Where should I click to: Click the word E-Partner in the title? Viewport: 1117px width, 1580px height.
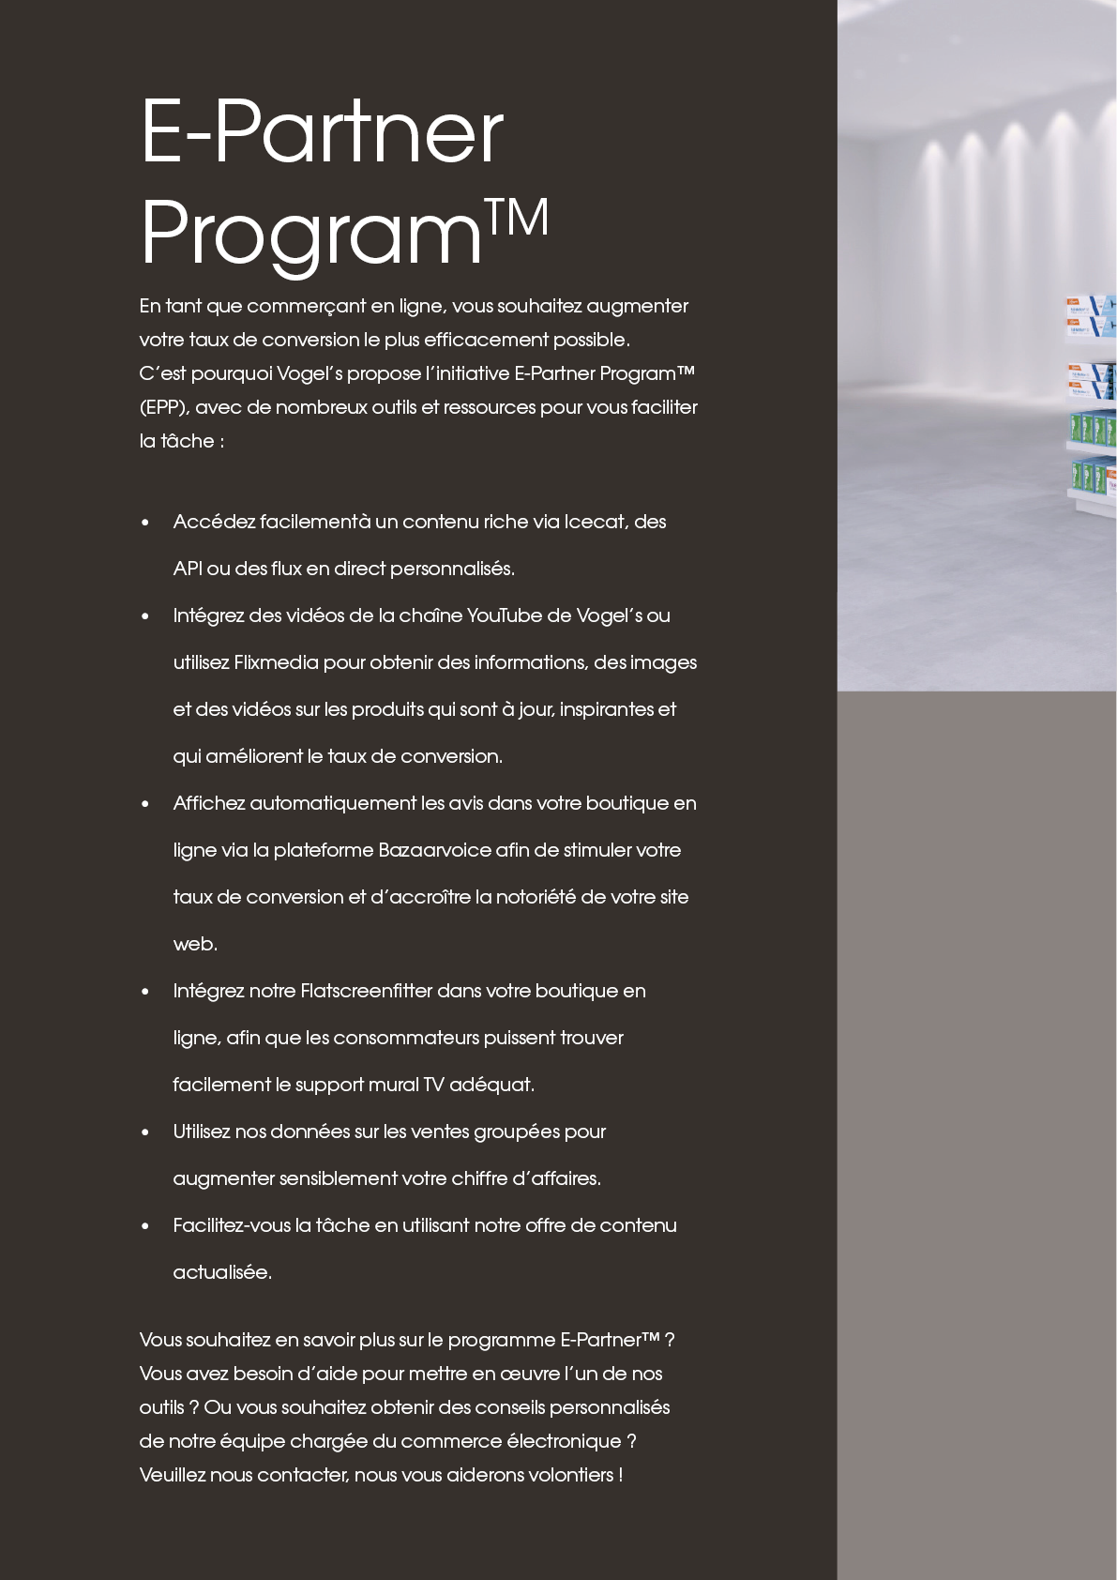[322, 132]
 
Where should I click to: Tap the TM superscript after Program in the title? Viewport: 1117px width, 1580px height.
[517, 218]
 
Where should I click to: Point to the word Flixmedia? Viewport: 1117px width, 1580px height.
[276, 662]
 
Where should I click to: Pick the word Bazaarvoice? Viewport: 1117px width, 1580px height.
[434, 850]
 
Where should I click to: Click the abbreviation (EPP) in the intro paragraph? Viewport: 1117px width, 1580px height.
[164, 407]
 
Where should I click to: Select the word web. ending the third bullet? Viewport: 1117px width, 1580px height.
[195, 944]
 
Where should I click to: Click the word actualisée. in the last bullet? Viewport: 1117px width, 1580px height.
[222, 1272]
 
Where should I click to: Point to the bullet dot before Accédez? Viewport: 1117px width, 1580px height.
[145, 523]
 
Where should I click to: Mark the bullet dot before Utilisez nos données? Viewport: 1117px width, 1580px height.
[145, 1132]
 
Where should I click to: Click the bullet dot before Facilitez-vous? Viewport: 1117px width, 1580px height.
[145, 1226]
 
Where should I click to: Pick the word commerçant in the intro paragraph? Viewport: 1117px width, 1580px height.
[306, 307]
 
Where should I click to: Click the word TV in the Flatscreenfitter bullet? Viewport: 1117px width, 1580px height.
[433, 1085]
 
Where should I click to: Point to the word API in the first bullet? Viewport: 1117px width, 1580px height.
[188, 569]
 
